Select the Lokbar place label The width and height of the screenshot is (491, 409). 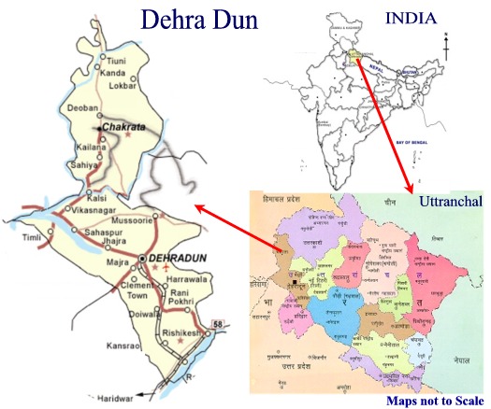(x=123, y=86)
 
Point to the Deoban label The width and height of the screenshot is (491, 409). (x=82, y=109)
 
